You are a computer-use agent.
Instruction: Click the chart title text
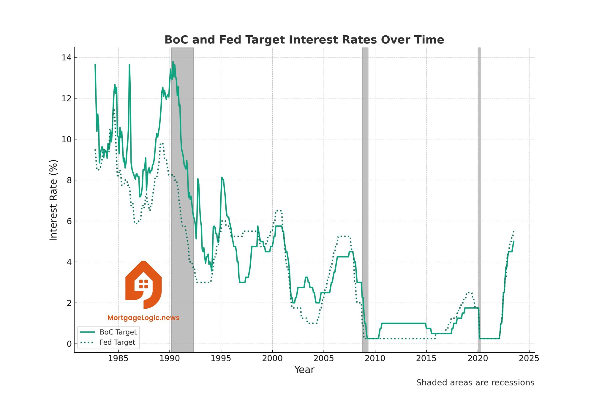pos(304,40)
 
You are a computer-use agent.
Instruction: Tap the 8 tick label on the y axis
pos(69,180)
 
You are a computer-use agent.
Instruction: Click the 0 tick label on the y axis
pos(69,344)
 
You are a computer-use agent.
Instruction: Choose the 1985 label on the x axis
pos(118,358)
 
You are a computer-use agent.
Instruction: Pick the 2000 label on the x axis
pos(272,358)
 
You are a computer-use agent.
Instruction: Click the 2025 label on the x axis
pos(529,358)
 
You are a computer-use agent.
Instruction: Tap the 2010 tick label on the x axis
pos(375,358)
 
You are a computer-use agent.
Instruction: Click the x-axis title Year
pos(304,370)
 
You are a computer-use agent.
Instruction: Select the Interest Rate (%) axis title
pos(53,200)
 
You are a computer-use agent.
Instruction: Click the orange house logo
pos(143,285)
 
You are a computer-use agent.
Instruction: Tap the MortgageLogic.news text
pos(143,318)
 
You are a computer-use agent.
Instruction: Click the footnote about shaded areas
pos(475,383)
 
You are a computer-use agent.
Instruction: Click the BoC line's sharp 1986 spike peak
pos(129,65)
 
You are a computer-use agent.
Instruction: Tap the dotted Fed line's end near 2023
pos(514,231)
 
